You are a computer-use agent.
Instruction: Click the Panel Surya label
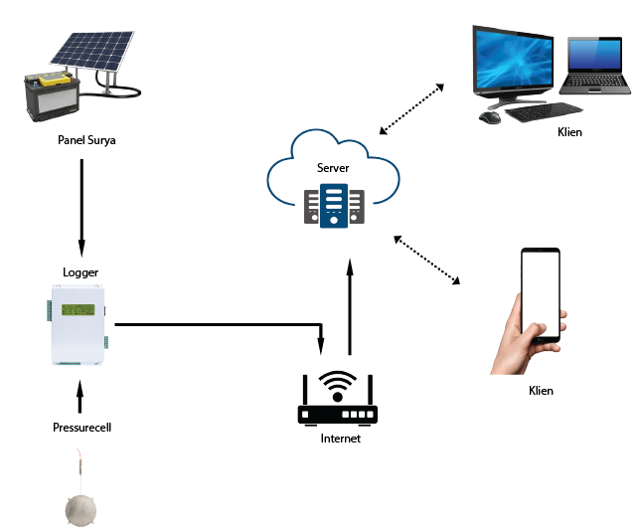point(87,140)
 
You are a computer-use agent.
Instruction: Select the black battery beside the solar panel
point(50,96)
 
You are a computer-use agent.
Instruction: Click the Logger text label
point(80,271)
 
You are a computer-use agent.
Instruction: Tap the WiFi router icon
point(339,399)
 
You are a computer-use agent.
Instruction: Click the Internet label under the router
point(340,439)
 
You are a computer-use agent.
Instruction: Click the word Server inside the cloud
point(333,168)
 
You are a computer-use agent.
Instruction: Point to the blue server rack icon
point(334,206)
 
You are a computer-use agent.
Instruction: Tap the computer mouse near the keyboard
point(489,116)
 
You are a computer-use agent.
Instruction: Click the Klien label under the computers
point(570,132)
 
